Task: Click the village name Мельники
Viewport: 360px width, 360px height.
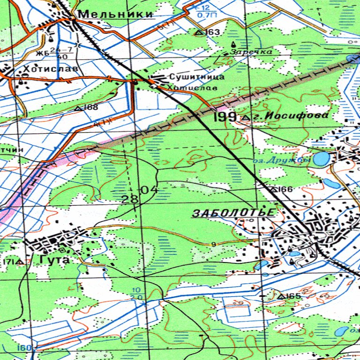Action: [x=115, y=15]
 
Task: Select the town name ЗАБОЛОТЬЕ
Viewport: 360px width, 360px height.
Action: [x=233, y=213]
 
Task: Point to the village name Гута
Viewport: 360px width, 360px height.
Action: [x=54, y=260]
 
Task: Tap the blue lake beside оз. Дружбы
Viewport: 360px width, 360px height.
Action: [x=322, y=159]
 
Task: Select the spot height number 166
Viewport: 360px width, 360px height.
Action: [x=285, y=189]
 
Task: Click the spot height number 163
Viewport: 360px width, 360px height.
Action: [x=212, y=32]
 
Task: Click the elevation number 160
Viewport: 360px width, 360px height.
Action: [x=25, y=348]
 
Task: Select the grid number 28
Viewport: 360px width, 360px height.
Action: [x=130, y=199]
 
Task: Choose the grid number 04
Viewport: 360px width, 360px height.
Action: [x=150, y=190]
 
